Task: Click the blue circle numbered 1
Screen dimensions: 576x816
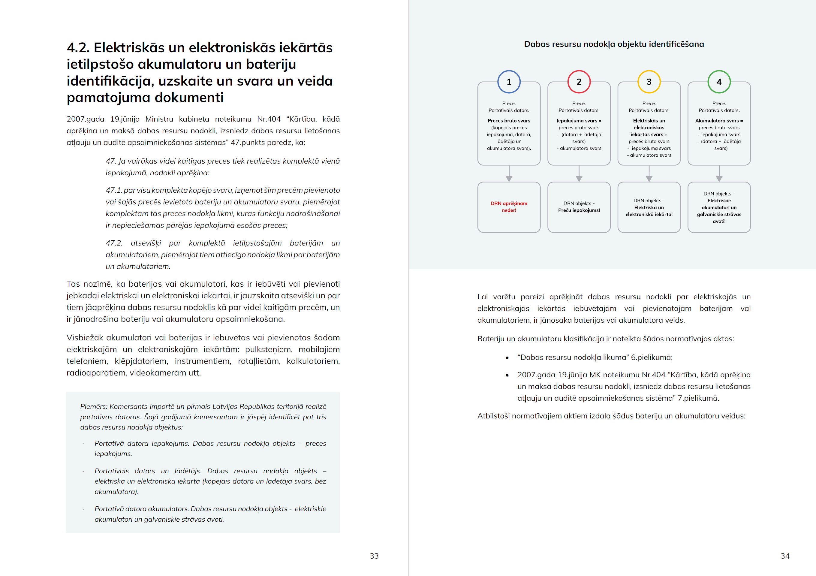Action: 509,82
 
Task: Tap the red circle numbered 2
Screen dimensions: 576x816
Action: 579,82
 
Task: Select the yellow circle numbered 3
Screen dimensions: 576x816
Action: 649,82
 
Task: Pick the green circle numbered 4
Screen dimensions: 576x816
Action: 719,82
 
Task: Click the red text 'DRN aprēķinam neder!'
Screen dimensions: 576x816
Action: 509,207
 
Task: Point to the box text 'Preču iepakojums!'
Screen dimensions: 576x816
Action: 579,210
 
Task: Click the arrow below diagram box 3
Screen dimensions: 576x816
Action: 649,174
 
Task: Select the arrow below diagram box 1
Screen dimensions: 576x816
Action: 509,174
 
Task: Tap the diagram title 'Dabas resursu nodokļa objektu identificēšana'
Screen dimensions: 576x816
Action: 613,44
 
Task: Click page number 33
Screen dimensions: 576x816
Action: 374,556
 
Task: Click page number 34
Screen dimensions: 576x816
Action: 785,556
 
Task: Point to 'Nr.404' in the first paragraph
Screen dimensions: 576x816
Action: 269,119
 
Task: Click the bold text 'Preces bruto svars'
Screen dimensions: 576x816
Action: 509,121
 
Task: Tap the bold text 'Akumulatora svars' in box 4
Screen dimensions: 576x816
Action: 716,121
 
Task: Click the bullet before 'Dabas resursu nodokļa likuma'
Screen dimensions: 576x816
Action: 507,358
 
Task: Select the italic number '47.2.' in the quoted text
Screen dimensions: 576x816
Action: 114,243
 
